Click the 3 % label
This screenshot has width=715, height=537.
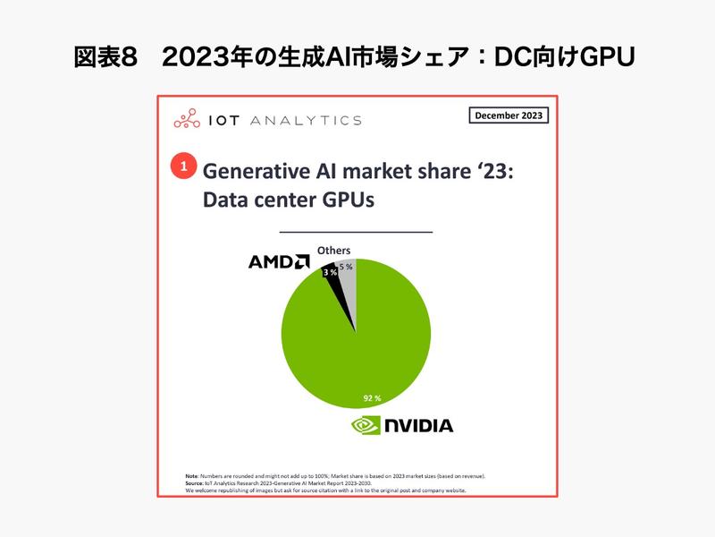click(x=331, y=271)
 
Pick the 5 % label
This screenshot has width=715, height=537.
click(x=346, y=267)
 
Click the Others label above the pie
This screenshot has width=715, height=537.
click(x=334, y=251)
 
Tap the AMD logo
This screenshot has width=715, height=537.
click(x=279, y=261)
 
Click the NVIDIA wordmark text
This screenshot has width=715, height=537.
click(x=418, y=425)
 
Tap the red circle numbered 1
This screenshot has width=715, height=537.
click(x=182, y=166)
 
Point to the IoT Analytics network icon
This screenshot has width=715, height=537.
click(x=188, y=119)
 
